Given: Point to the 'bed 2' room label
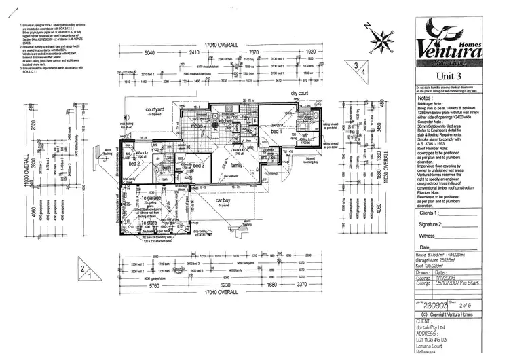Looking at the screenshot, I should tap(134, 164).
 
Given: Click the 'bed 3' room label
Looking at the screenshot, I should tap(198, 166).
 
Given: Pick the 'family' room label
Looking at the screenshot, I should tap(236, 165).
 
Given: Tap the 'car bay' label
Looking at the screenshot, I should tap(225, 201).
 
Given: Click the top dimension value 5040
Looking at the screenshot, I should tap(150, 52).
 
